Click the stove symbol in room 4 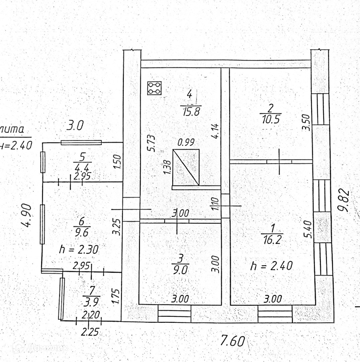(154, 88)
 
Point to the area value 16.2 (272, 240)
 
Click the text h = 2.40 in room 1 (271, 266)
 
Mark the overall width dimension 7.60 (233, 341)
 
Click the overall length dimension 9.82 (344, 201)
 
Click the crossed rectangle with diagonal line (186, 167)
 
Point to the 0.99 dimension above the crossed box (186, 143)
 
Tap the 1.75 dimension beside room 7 (116, 296)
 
